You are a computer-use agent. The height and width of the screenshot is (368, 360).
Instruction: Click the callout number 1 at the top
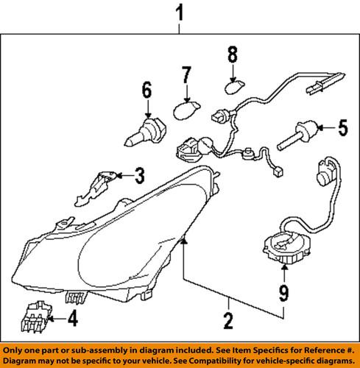[x=179, y=13]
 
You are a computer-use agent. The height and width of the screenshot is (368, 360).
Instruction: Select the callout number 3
[x=138, y=174]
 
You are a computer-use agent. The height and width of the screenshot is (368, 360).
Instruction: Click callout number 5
[x=341, y=127]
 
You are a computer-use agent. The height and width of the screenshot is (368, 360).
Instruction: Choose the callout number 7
[x=186, y=75]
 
